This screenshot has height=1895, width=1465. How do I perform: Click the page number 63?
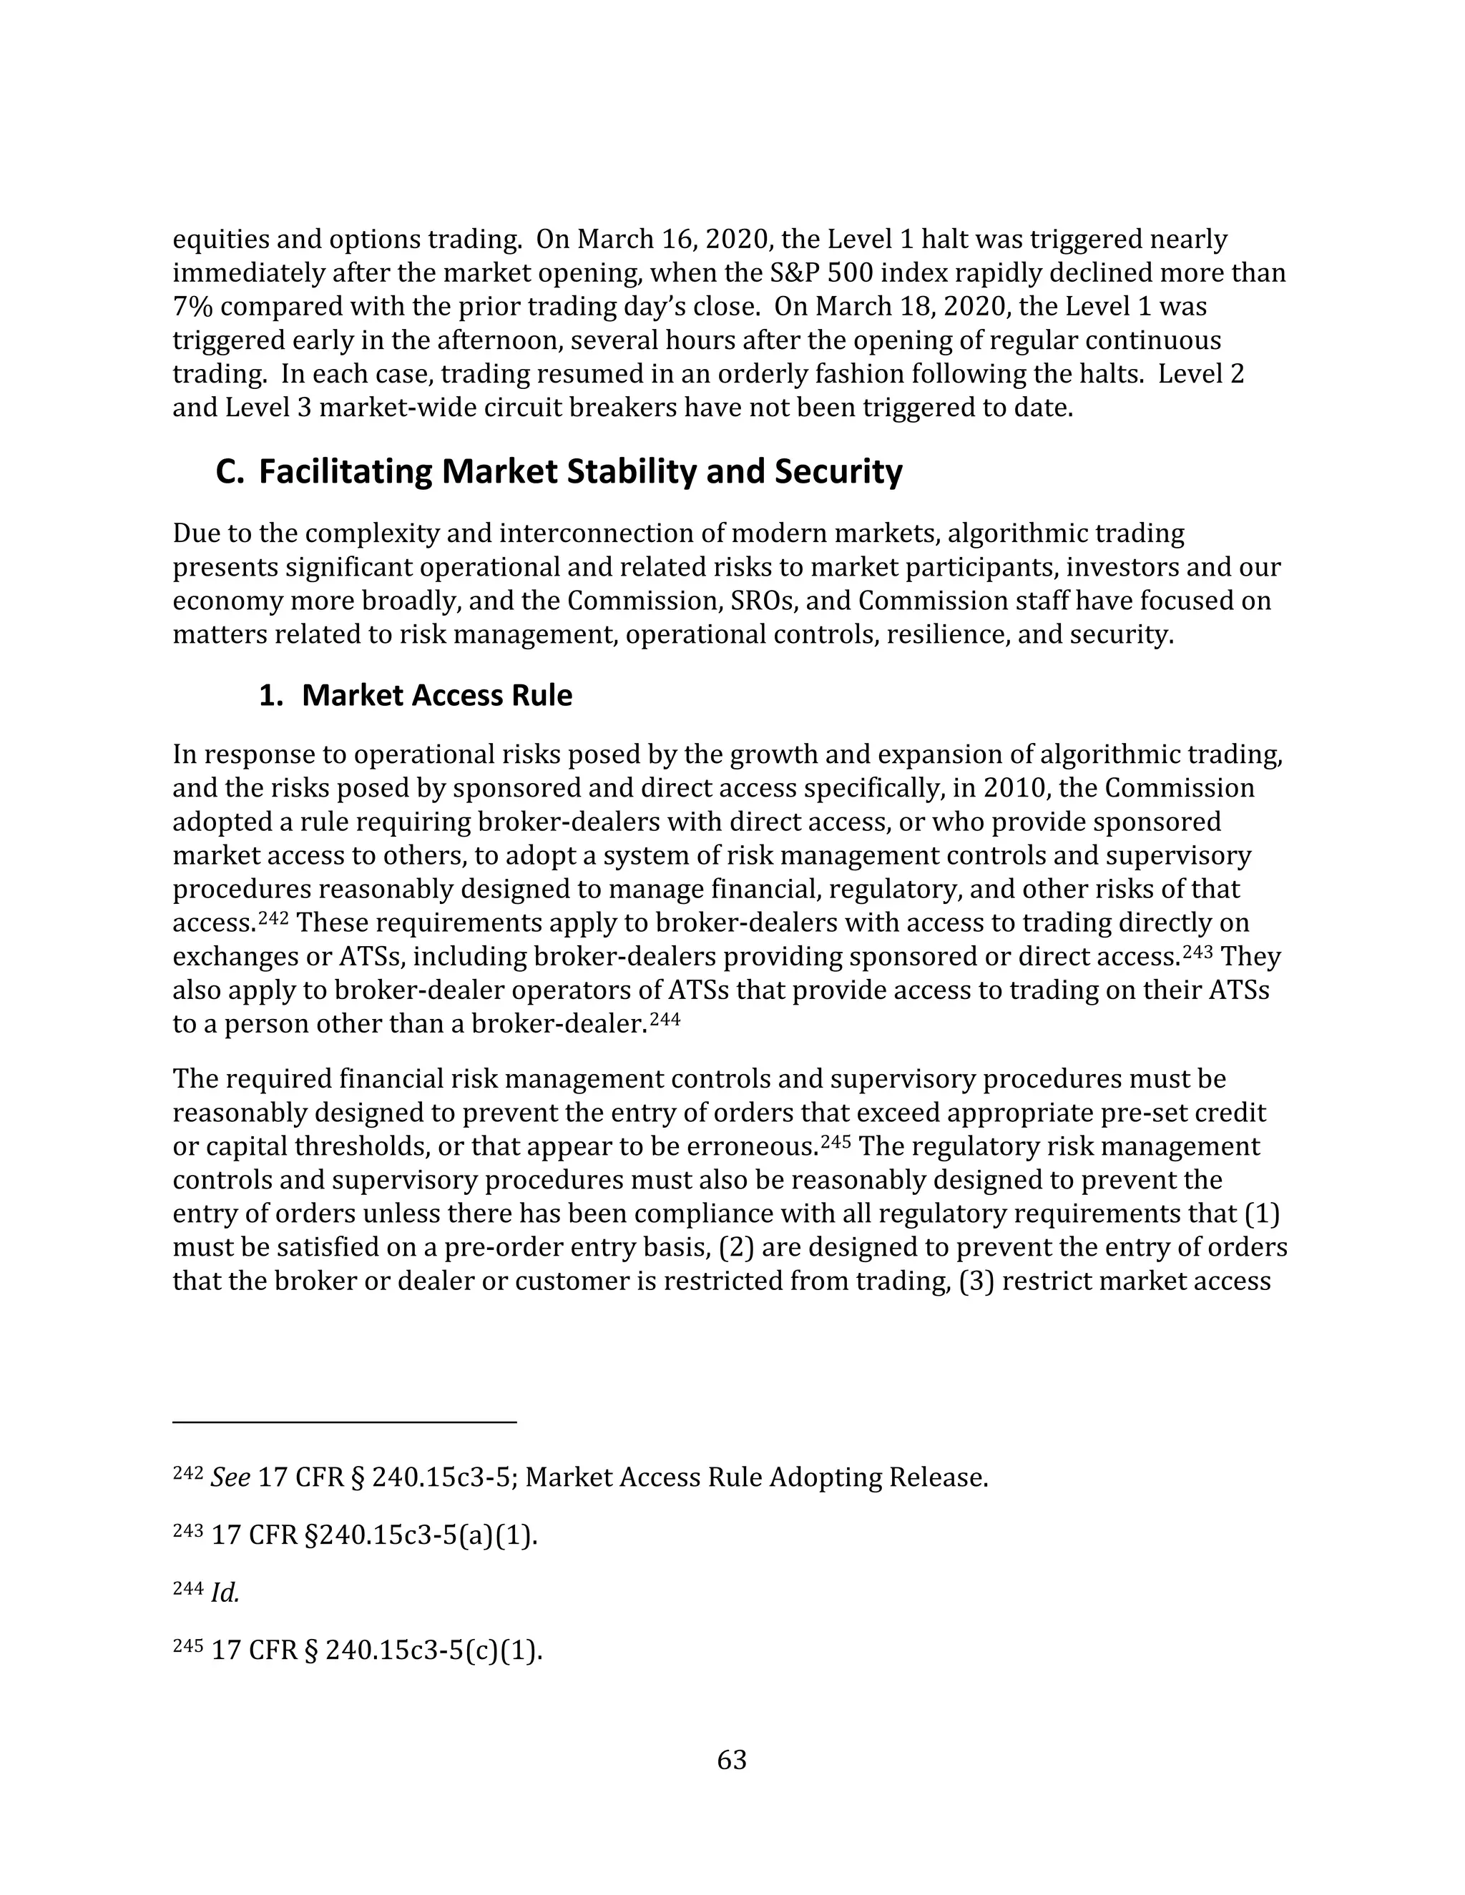pos(732,1760)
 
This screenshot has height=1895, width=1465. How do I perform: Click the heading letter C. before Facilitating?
pos(230,472)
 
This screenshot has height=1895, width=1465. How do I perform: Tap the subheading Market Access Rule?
pos(436,696)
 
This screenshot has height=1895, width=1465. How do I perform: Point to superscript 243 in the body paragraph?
pos(1199,952)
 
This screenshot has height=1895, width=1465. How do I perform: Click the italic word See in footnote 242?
pos(231,1477)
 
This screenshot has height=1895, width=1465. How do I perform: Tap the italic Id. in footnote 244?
pos(225,1593)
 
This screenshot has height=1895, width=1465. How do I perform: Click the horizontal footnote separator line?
pos(345,1422)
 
